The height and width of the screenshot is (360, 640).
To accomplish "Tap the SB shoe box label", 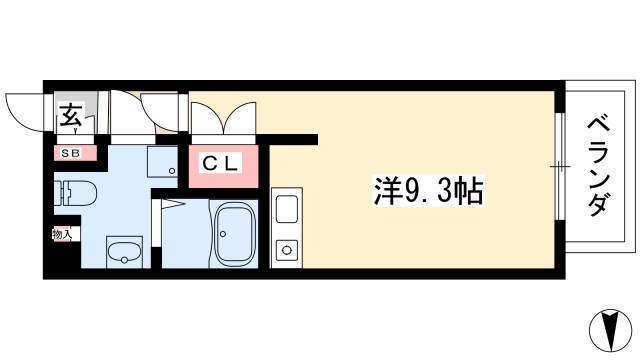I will [71, 153].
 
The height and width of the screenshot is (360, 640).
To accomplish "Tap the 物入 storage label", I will [62, 235].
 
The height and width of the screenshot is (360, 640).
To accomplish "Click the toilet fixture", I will [78, 190].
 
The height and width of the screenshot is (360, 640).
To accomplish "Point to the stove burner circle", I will [288, 249].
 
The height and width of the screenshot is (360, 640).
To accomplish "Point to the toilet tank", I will [60, 190].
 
